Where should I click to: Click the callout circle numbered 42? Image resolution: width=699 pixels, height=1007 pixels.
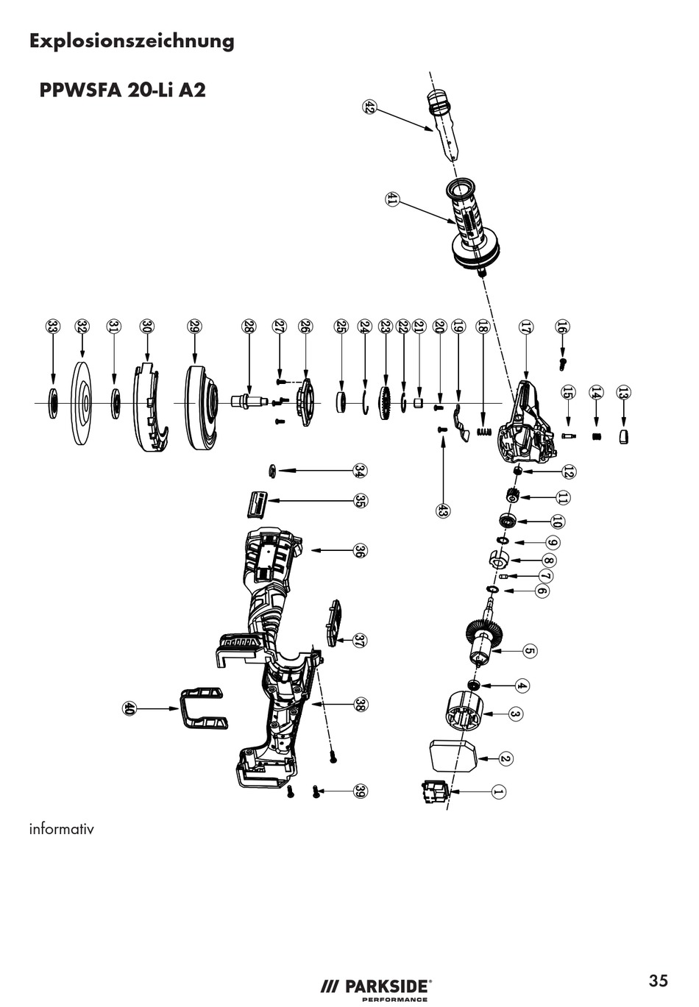(x=369, y=107)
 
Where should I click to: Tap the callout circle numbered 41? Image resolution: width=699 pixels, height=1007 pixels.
(x=391, y=199)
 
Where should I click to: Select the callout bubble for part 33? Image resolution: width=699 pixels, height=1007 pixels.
(x=52, y=326)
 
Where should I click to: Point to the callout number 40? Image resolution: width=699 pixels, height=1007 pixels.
(x=129, y=708)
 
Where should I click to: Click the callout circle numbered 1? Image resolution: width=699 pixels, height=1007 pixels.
(x=497, y=791)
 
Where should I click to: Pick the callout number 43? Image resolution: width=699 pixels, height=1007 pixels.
(x=442, y=510)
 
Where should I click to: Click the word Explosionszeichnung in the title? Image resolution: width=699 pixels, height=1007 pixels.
(x=132, y=41)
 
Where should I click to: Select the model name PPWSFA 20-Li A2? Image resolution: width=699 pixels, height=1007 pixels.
(x=122, y=90)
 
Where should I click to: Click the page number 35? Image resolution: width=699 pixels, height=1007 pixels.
(x=658, y=981)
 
